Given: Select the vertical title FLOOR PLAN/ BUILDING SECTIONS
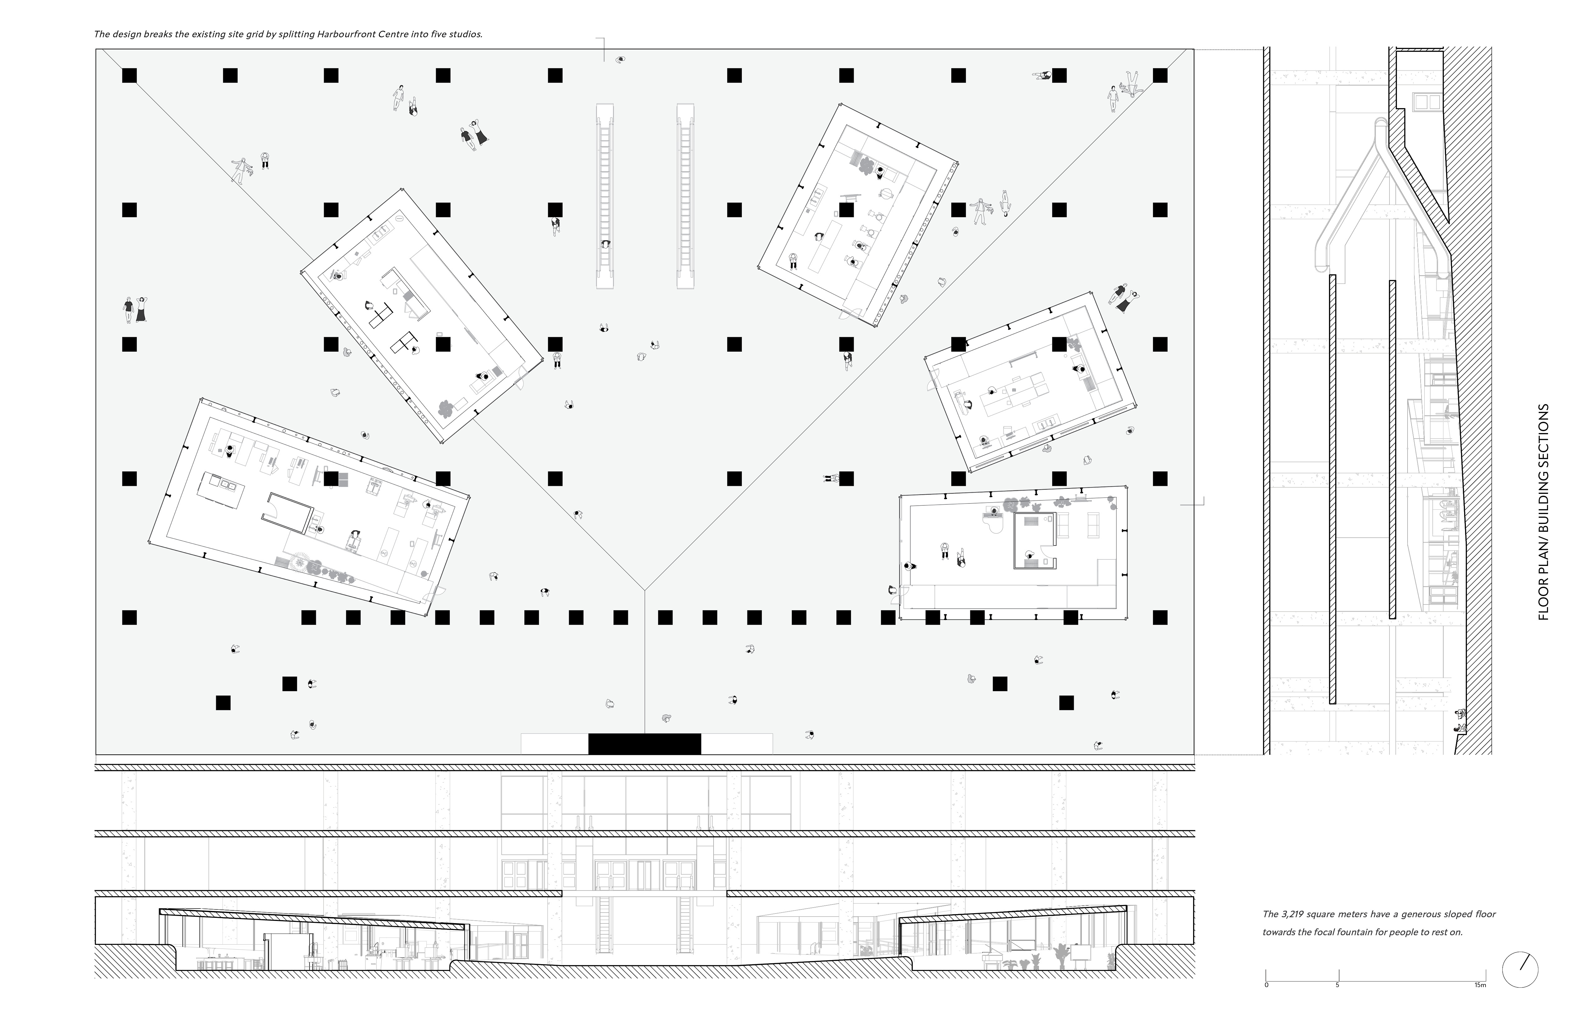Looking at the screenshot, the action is tap(1544, 512).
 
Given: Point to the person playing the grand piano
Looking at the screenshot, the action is tap(994, 511).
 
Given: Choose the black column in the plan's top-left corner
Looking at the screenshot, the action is tap(129, 75).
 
